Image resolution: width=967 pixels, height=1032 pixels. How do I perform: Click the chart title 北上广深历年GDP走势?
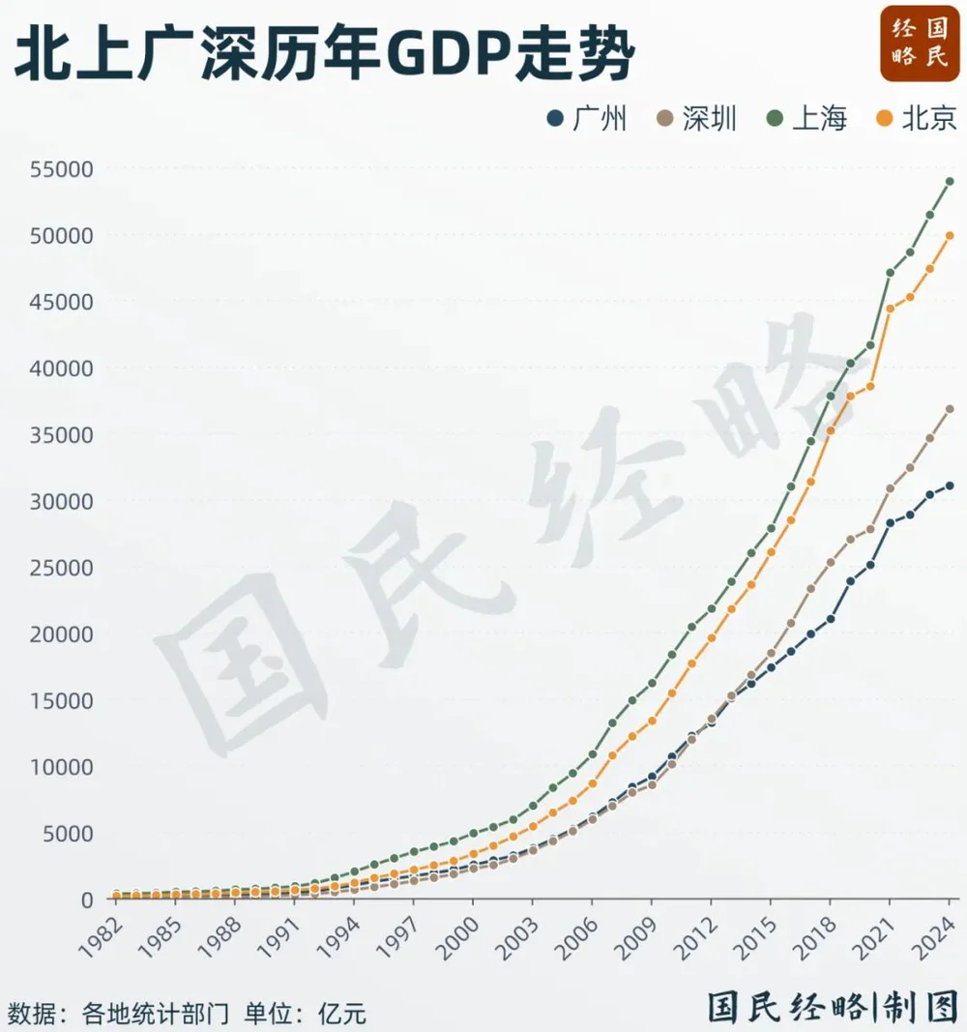(323, 55)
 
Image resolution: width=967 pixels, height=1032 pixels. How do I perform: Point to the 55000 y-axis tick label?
(61, 169)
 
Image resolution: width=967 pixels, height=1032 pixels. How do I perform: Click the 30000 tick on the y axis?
(61, 501)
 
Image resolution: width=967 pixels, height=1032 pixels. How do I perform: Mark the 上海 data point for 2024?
(950, 182)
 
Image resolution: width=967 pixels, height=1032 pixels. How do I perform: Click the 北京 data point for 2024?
(950, 235)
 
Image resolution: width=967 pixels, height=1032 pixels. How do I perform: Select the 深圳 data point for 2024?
(950, 409)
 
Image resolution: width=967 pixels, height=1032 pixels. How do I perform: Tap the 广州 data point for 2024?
(950, 486)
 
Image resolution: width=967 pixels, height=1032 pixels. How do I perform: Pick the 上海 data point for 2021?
(890, 273)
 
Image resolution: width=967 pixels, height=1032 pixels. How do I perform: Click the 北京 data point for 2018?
(830, 430)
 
